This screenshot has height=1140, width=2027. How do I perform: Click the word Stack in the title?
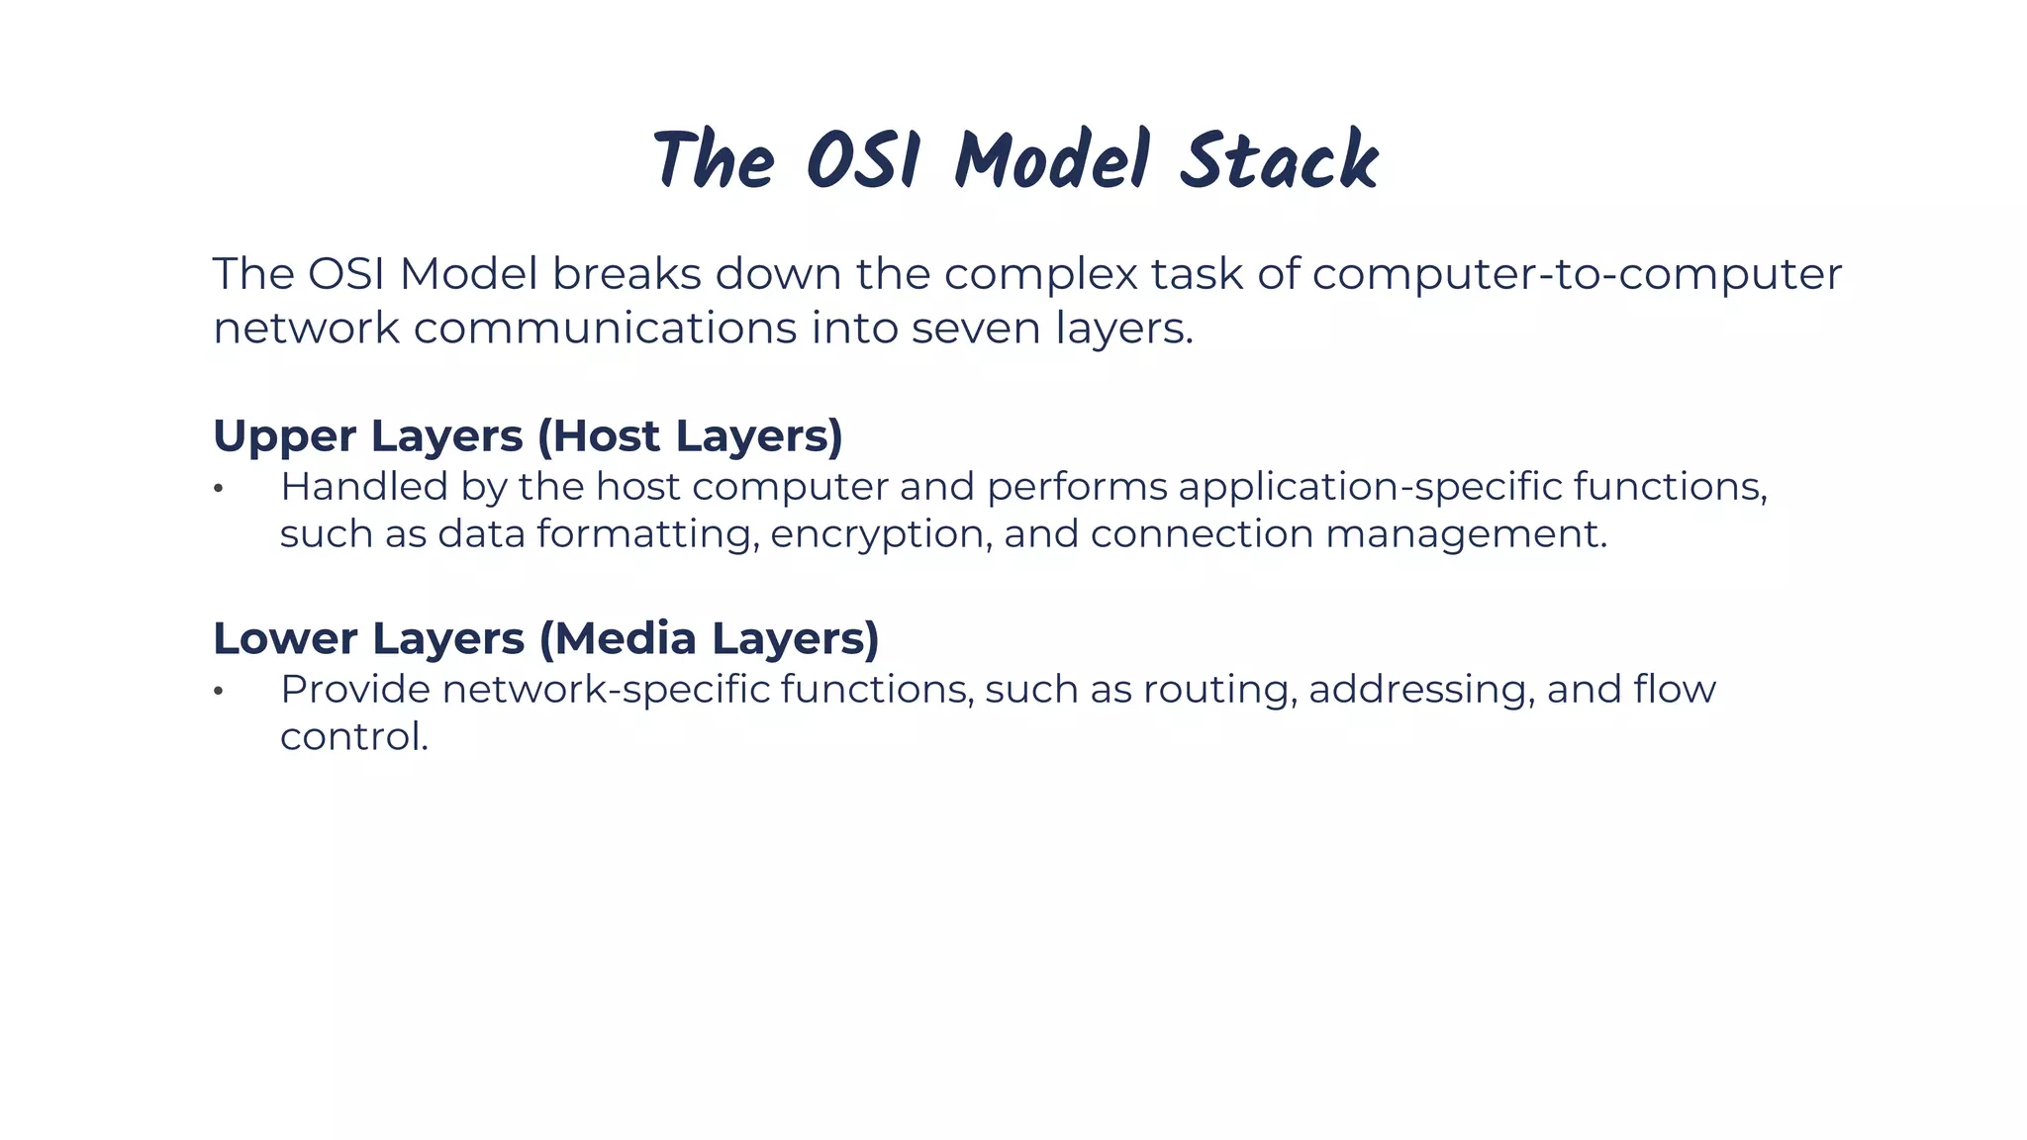click(1279, 161)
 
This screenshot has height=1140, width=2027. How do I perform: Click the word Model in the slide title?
click(1051, 161)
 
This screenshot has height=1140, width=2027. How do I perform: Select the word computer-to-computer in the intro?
click(1576, 274)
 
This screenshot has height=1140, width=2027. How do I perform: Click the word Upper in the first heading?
click(284, 437)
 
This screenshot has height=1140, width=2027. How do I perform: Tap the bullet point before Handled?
click(219, 489)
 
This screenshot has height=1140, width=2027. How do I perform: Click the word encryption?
click(880, 535)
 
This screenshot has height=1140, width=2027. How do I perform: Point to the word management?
click(1465, 535)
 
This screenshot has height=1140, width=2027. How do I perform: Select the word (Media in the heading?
click(618, 638)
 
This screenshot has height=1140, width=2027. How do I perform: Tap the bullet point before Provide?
click(219, 692)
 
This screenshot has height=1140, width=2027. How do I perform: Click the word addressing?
click(1420, 690)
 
